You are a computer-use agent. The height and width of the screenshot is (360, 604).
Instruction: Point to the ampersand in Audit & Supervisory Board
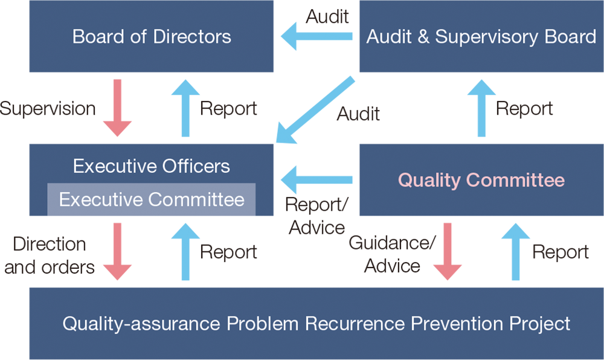[423, 37]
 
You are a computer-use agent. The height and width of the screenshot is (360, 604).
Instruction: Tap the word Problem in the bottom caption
[263, 324]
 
